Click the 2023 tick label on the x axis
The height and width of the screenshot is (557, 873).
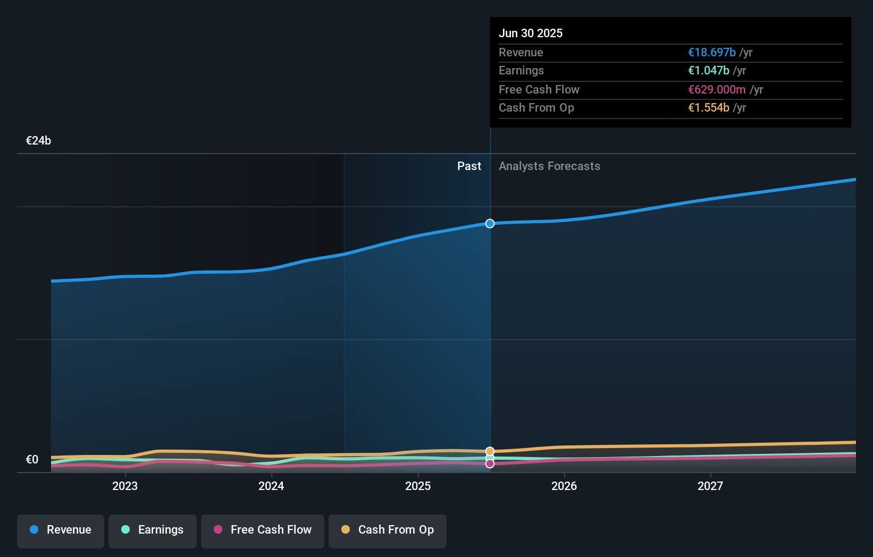125,486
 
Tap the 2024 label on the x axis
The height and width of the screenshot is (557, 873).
271,486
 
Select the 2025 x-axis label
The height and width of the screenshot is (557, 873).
418,486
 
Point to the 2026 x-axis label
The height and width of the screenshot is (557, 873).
564,486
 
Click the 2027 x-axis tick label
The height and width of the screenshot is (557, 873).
710,486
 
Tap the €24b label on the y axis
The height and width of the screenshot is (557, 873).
38,141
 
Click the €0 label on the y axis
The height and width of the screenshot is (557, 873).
32,460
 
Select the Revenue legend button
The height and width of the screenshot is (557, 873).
61,530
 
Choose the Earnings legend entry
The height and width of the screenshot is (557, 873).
153,530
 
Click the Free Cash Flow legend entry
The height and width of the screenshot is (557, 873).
263,530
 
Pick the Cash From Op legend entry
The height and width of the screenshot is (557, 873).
388,530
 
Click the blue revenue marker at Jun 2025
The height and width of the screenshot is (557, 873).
490,224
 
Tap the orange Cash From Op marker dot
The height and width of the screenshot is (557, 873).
490,451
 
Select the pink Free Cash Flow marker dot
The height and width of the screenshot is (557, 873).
490,464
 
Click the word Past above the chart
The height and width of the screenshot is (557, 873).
469,166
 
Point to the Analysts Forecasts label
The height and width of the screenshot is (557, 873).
549,166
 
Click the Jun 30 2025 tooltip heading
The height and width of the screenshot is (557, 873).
530,33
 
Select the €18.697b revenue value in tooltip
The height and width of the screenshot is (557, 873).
711,53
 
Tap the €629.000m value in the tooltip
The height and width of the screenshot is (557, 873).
717,90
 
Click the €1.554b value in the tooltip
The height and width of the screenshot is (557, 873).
708,108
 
